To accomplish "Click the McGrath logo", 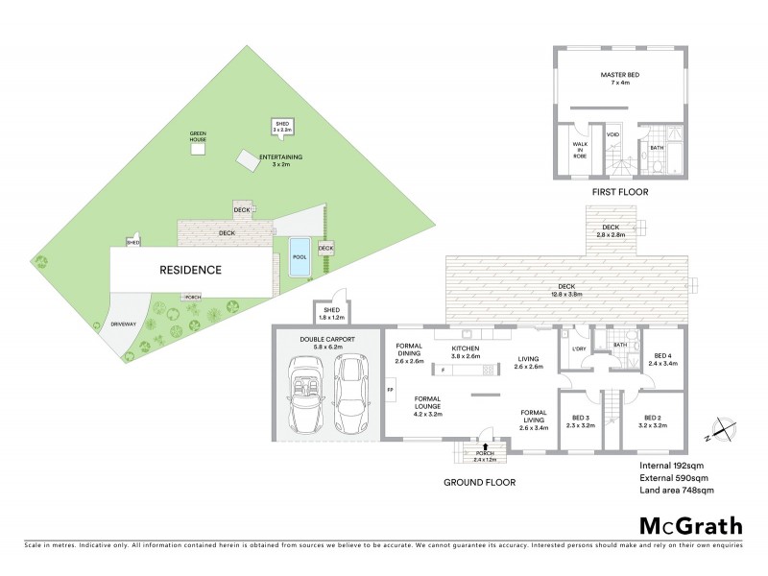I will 691,525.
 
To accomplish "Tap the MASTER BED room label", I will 621,77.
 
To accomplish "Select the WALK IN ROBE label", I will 580,149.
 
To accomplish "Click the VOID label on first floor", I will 612,134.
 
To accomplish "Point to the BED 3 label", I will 582,420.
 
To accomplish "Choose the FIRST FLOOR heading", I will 621,193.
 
